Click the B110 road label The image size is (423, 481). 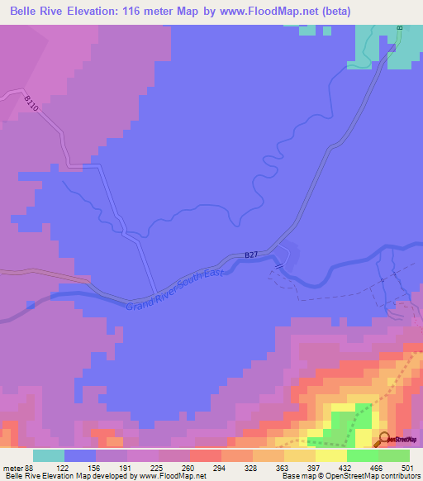(x=31, y=104)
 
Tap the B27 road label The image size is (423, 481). (x=252, y=257)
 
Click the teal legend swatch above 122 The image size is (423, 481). (x=49, y=455)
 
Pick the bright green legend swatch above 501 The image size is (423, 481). (x=394, y=455)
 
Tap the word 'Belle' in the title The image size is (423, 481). (x=26, y=12)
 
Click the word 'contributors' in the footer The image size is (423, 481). (x=398, y=477)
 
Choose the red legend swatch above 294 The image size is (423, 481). (x=206, y=455)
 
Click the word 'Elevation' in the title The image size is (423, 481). (x=110, y=12)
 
